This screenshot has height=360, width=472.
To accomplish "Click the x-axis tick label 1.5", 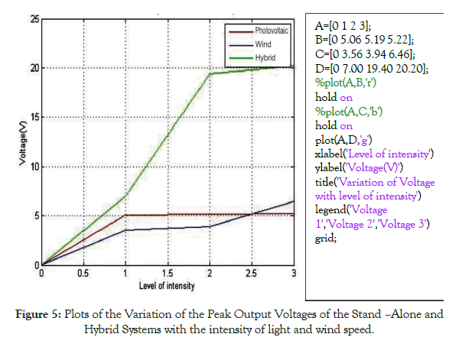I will coord(168,273).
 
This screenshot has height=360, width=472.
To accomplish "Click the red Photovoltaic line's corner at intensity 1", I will coord(125,215).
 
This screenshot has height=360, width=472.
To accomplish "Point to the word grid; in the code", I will coord(326,238).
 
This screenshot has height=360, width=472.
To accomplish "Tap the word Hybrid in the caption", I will coord(104,329).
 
